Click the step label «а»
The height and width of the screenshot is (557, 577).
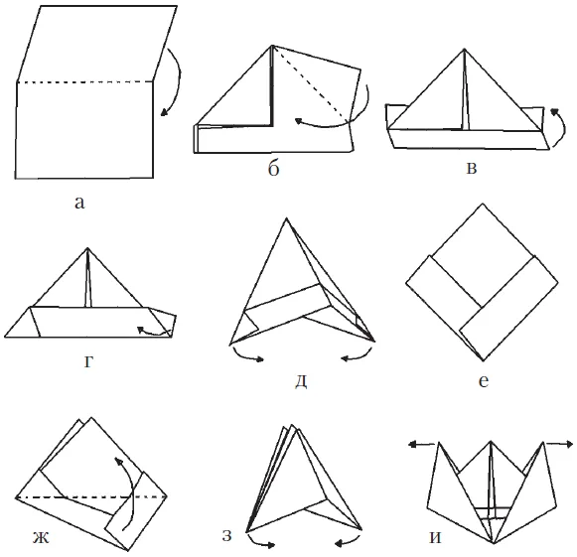coord(79,203)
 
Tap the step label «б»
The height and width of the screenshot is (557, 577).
coord(273,169)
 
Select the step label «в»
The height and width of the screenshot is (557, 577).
coord(472,168)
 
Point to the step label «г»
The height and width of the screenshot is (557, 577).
coord(88,362)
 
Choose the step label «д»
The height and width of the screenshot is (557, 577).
coord(301,382)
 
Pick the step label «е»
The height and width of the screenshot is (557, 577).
coord(484,382)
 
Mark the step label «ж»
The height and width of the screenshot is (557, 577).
coord(41,538)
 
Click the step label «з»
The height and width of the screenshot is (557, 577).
coord(227,535)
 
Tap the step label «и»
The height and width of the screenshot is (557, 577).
coord(435,537)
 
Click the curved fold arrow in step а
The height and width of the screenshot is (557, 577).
coord(179,79)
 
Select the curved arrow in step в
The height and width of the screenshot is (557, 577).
coord(562,127)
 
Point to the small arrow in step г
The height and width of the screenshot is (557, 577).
coord(155,333)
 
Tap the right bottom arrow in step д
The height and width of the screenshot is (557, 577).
coord(358,356)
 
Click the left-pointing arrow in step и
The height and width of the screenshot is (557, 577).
coord(422,445)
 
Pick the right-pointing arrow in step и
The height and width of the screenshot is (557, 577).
coord(559,444)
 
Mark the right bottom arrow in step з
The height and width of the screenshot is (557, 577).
coord(349,541)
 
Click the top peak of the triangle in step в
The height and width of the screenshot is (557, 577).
coord(465,49)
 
